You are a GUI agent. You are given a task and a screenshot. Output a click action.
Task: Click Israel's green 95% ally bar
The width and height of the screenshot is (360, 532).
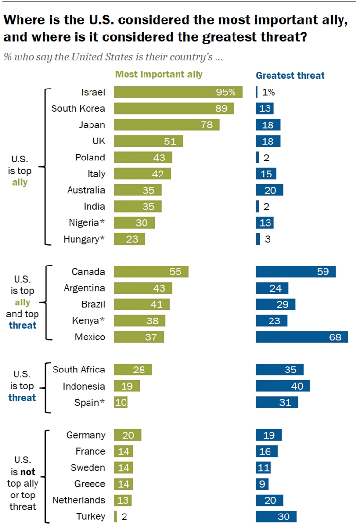pyautogui.click(x=178, y=92)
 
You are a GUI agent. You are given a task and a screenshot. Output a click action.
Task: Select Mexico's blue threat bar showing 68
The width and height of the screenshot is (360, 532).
pyautogui.click(x=302, y=337)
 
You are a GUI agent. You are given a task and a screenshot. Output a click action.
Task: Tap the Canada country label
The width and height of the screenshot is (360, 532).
pyautogui.click(x=88, y=271)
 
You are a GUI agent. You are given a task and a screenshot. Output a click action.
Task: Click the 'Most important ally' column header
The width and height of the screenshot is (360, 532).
pyautogui.click(x=159, y=75)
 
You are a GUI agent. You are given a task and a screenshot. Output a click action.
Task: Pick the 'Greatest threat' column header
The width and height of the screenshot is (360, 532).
pyautogui.click(x=290, y=75)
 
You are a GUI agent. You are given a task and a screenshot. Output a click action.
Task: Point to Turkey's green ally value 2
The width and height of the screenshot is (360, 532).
pyautogui.click(x=124, y=517)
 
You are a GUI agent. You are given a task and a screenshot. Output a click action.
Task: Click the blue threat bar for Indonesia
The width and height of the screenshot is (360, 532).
pyautogui.click(x=283, y=386)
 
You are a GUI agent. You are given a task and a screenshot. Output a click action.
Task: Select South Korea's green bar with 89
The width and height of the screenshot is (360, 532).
pyautogui.click(x=174, y=108)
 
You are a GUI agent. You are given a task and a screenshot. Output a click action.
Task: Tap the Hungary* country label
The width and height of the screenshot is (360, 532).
pyautogui.click(x=84, y=239)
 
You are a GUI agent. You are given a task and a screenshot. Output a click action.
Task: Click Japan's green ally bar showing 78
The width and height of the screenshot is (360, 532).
pyautogui.click(x=167, y=124)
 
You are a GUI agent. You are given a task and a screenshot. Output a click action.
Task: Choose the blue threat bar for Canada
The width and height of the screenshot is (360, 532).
pyautogui.click(x=296, y=271)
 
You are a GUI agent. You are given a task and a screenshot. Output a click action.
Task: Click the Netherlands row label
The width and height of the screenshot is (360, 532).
pyautogui.click(x=79, y=500)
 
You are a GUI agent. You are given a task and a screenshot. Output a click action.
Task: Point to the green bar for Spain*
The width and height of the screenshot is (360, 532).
pyautogui.click(x=121, y=402)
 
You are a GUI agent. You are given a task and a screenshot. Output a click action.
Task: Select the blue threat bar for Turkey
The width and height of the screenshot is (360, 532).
pyautogui.click(x=276, y=517)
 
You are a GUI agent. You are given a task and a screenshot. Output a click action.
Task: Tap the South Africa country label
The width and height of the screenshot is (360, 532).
pyautogui.click(x=79, y=370)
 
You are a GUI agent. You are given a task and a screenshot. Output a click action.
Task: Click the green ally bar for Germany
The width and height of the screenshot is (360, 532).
pyautogui.click(x=127, y=435)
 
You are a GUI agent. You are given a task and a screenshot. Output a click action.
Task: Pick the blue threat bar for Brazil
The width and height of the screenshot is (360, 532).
pyautogui.click(x=275, y=304)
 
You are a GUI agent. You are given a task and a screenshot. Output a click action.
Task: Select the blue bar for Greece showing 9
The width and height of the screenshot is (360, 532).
pyautogui.click(x=262, y=484)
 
